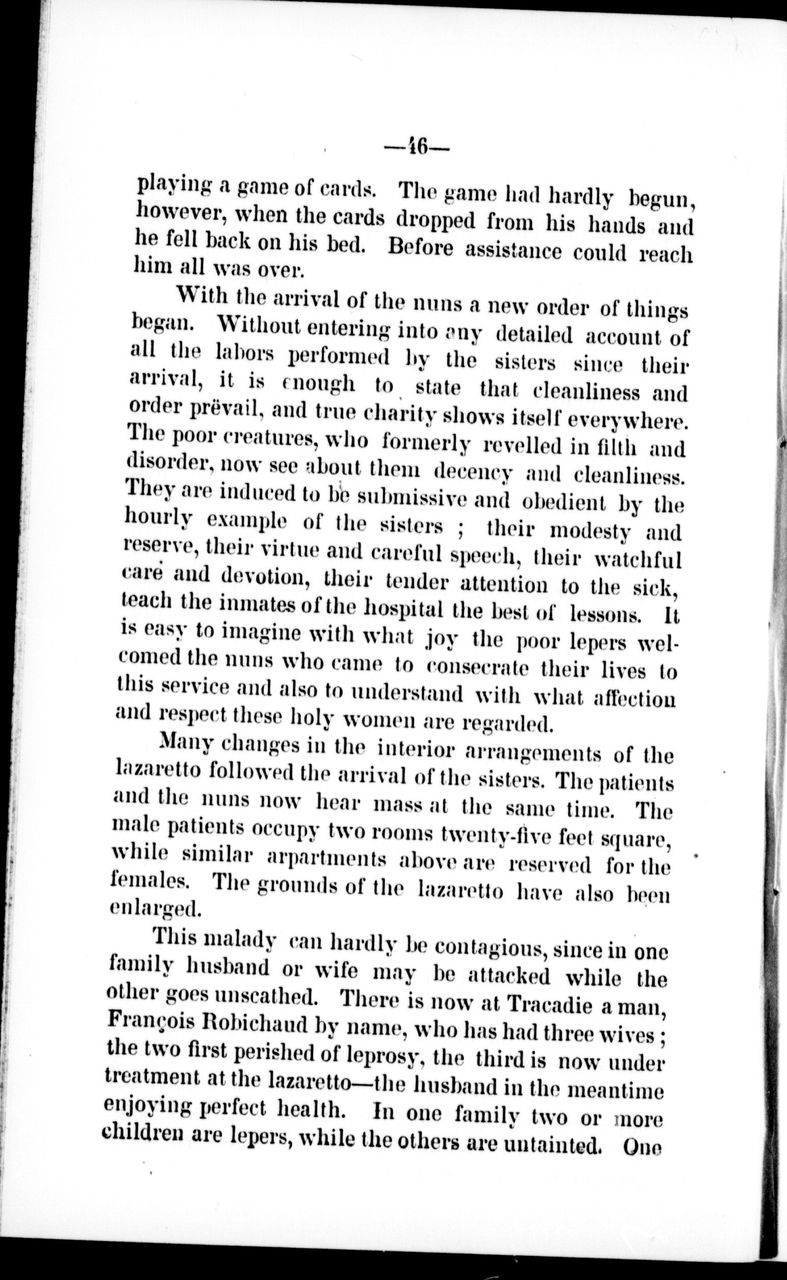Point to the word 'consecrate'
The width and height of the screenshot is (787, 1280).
(x=478, y=668)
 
